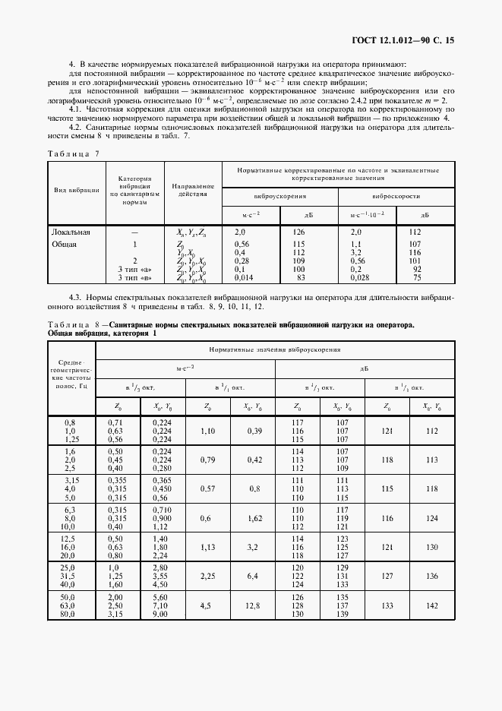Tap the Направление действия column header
point(193,190)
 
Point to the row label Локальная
point(71,231)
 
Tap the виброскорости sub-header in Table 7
point(396,195)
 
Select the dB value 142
point(433,605)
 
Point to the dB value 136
point(433,575)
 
